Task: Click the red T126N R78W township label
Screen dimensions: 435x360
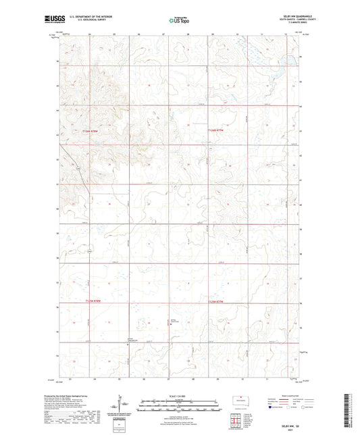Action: click(96, 130)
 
